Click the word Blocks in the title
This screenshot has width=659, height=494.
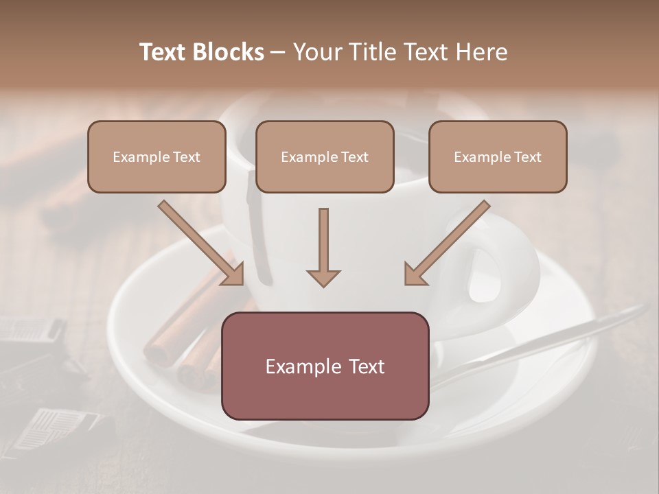coord(229,52)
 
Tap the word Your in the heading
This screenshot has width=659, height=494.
coord(316,52)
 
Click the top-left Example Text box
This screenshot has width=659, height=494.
coord(157,156)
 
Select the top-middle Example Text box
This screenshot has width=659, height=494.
coord(325,156)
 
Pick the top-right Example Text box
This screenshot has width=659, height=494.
coord(498,156)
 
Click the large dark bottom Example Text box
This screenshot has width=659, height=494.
coord(325,366)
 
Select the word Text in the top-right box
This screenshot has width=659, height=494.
coord(528,157)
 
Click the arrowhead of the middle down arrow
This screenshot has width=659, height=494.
coord(323,277)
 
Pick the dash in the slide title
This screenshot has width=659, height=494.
coord(278,53)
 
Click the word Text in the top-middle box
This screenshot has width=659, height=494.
coord(355,157)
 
